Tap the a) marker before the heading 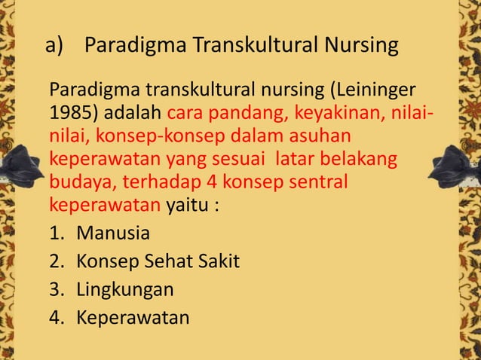56,46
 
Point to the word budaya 78,182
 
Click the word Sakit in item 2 216,261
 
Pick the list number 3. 55,289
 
